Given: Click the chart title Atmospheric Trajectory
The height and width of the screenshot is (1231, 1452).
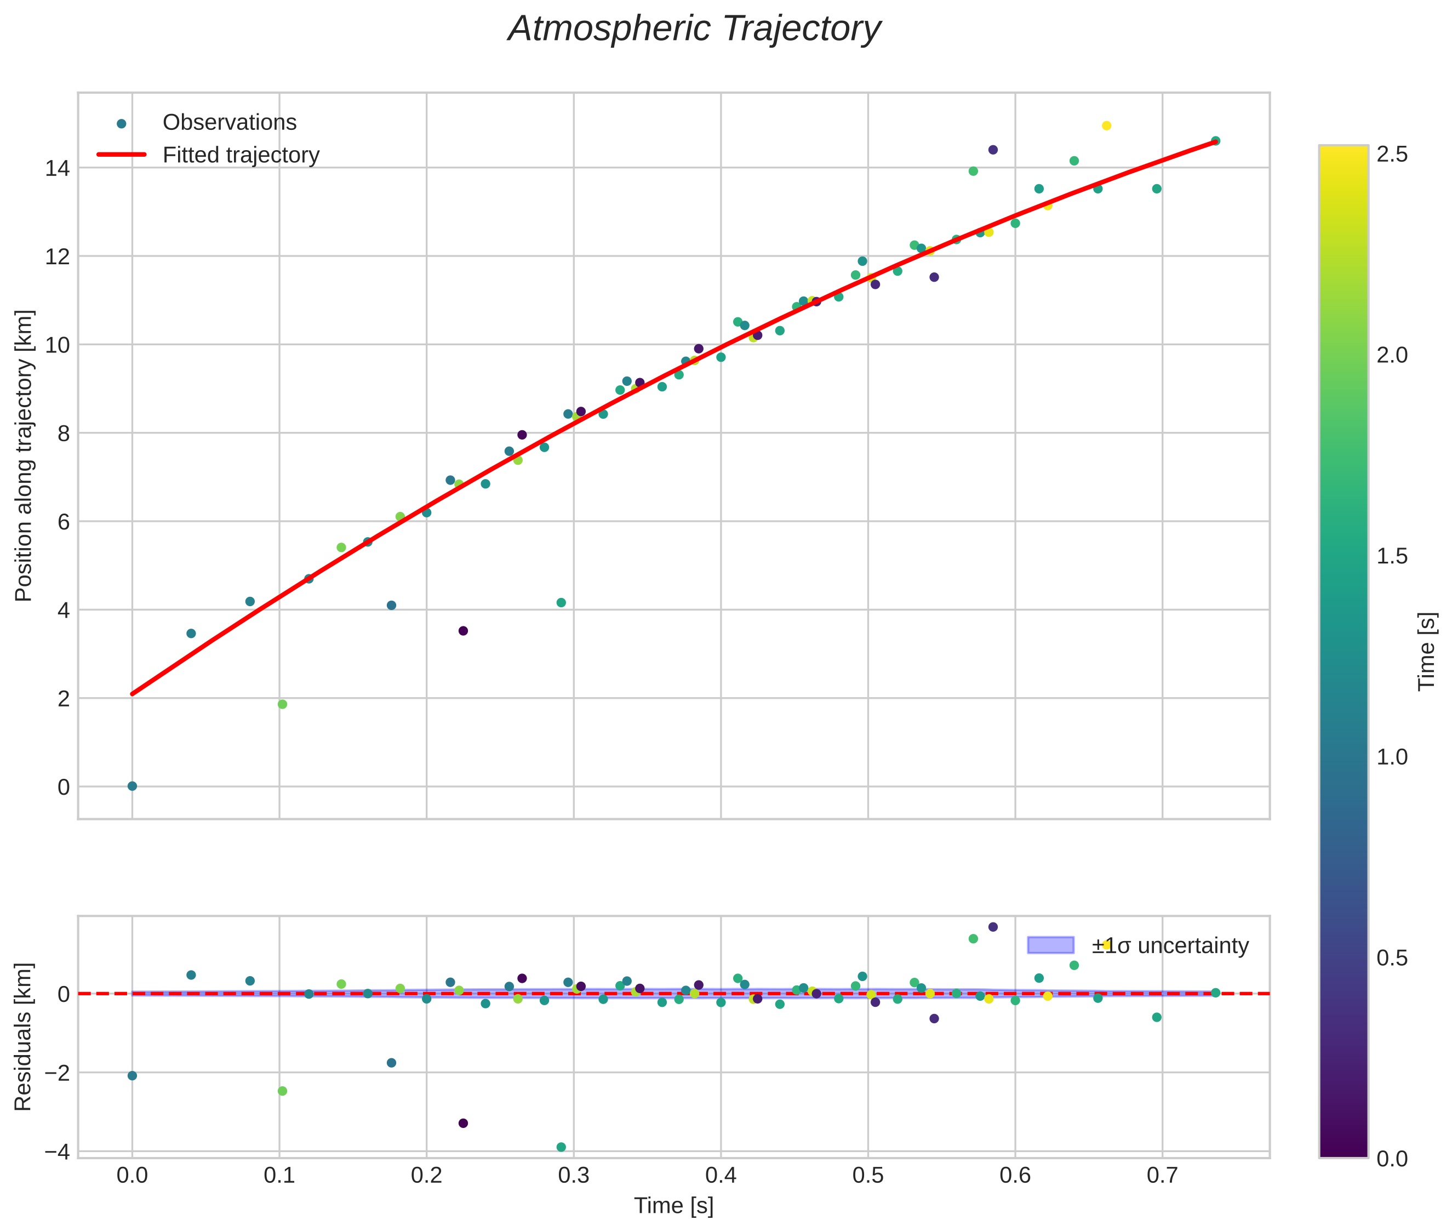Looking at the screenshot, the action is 694,29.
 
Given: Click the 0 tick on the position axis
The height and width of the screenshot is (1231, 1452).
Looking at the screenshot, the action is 64,787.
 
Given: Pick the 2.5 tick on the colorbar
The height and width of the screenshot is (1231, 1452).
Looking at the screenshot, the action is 1392,154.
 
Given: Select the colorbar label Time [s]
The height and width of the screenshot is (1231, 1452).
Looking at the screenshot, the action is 1427,652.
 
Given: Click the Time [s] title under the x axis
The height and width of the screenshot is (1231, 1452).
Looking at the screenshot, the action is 673,1206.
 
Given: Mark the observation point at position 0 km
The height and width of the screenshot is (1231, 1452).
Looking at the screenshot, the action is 132,786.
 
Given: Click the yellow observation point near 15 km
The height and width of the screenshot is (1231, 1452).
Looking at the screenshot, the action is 1106,126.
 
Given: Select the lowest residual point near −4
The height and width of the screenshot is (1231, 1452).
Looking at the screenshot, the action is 561,1147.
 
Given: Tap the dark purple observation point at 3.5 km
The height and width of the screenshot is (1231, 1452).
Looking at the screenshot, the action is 462,631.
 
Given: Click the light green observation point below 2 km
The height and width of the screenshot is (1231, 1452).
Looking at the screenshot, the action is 282,704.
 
